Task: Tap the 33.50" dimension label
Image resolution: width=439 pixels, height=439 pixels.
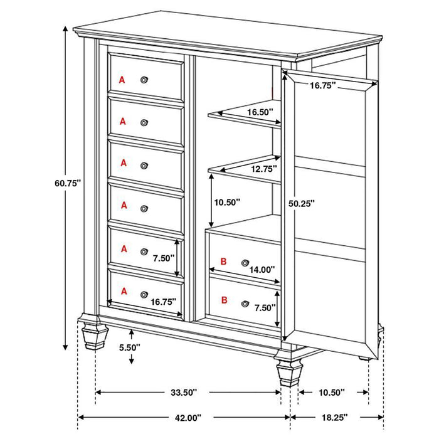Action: (x=184, y=393)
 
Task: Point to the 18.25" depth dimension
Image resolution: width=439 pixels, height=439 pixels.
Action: (x=336, y=417)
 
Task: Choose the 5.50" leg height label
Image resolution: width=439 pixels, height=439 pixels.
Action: (x=131, y=346)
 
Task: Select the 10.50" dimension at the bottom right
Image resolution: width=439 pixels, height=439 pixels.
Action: (x=332, y=393)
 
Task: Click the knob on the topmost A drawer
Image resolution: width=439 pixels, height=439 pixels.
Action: (x=145, y=79)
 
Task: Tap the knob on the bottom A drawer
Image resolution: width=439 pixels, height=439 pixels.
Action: (x=144, y=294)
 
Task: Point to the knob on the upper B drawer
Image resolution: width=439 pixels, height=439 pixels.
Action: (x=246, y=261)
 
